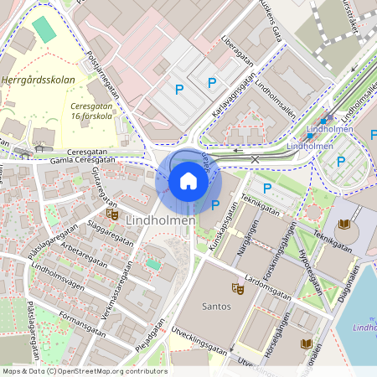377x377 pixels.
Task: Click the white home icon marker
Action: point(188,180)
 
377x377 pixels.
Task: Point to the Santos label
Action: point(217,307)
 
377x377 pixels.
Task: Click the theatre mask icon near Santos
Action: point(238,289)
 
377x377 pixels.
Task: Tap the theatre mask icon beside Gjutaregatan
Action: point(112,214)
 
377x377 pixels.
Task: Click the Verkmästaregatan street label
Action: point(123,289)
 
